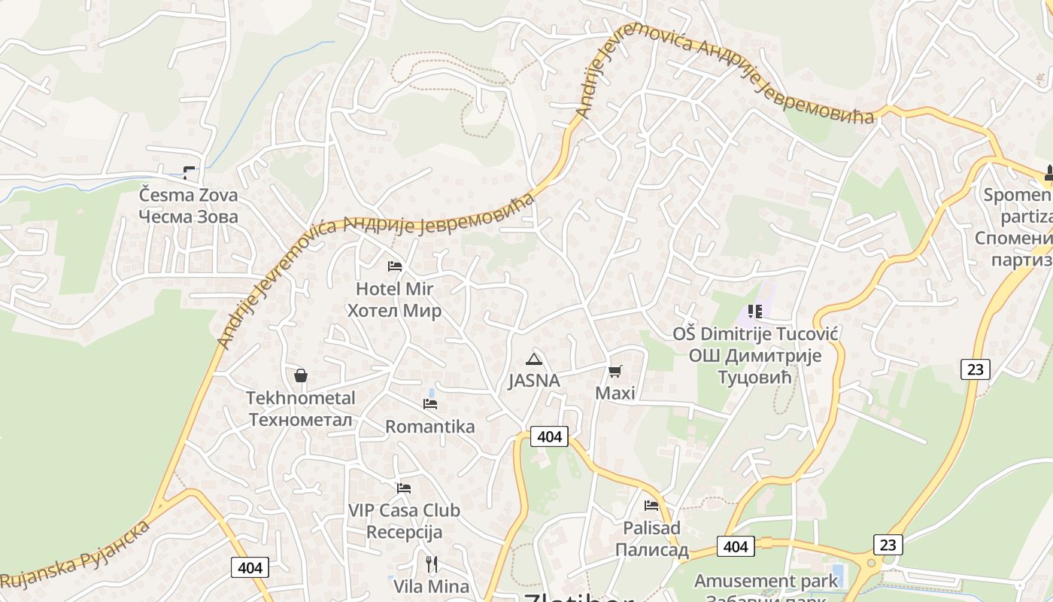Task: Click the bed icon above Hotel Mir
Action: [394, 266]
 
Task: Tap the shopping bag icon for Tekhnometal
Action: [301, 375]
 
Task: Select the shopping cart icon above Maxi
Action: [615, 371]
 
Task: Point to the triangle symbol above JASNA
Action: [533, 359]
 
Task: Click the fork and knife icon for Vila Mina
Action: [431, 564]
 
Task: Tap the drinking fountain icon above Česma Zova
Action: [188, 172]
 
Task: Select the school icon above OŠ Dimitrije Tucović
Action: [755, 311]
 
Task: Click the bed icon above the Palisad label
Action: [651, 506]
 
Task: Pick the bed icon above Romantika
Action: [430, 404]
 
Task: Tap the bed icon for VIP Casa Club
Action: [404, 488]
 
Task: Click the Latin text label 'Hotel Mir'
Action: [395, 289]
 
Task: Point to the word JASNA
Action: [534, 381]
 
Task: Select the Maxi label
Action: [615, 393]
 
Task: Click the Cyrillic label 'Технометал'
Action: [300, 419]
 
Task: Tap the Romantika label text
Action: [430, 427]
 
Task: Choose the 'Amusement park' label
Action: [766, 581]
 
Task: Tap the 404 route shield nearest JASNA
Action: [550, 436]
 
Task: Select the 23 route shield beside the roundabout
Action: [888, 544]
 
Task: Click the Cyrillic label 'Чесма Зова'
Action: [188, 217]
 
